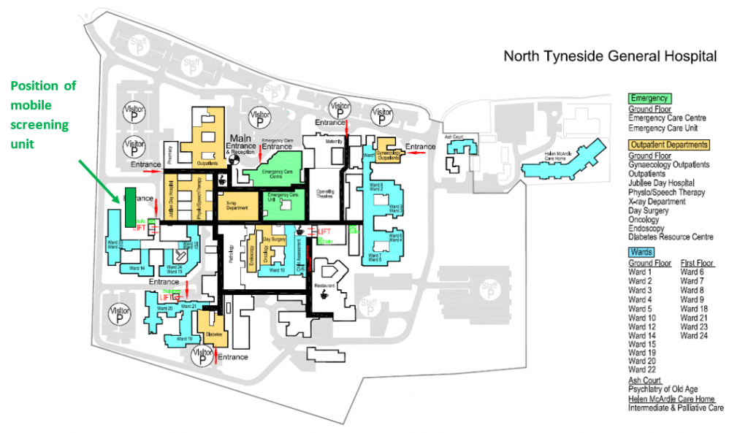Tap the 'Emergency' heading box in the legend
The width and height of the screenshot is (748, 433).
click(649, 98)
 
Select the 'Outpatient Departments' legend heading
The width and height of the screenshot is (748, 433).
click(668, 145)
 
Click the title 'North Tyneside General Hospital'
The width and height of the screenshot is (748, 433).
click(611, 56)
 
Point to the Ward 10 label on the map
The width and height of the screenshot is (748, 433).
click(277, 270)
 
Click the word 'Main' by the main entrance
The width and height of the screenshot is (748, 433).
click(241, 138)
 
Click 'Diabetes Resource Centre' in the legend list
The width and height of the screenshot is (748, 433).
click(671, 237)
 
